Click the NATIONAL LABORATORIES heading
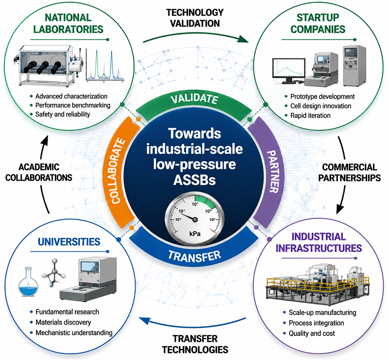[x=68, y=23]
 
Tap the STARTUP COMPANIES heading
[x=318, y=23]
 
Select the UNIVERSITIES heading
[x=69, y=242]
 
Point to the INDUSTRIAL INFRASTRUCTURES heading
[x=319, y=242]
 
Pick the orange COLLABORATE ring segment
[x=119, y=171]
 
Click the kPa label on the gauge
[x=195, y=234]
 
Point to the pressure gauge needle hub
[x=195, y=219]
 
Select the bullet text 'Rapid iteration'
[x=310, y=115]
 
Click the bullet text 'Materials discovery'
[x=63, y=322]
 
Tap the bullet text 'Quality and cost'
[x=312, y=333]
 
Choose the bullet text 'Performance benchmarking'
[x=73, y=105]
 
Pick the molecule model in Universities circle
[x=54, y=273]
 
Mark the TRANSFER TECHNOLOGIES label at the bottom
[x=195, y=344]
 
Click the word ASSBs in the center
[x=194, y=180]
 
